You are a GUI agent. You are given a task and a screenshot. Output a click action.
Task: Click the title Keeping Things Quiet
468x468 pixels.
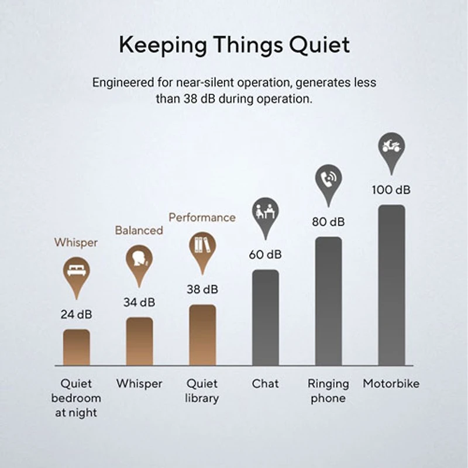point(234,45)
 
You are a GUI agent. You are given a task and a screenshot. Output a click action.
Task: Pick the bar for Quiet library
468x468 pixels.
point(202,335)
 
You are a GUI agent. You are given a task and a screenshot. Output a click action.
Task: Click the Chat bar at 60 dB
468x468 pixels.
point(265,317)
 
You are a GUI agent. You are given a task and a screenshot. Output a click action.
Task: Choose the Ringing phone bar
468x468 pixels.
point(328,301)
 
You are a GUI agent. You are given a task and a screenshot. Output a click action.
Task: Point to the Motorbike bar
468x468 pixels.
point(391,285)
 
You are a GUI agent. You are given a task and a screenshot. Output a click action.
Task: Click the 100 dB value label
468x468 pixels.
point(391,190)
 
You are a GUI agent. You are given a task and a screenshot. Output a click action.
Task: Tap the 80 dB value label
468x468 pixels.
point(328,222)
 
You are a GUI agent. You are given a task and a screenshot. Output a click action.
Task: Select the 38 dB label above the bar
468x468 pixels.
point(202,290)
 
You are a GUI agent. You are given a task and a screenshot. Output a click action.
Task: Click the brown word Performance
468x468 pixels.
point(202,218)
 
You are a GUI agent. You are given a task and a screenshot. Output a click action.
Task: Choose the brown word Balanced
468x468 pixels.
point(139,230)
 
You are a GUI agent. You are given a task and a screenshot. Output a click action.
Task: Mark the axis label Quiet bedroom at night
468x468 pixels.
point(77,398)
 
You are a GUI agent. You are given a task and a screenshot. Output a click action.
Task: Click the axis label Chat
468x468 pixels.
point(265,384)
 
